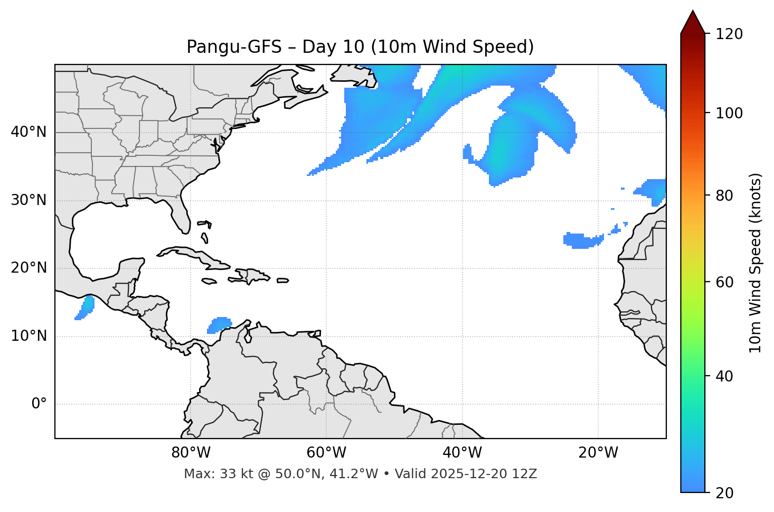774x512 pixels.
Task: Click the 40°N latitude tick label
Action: click(x=29, y=132)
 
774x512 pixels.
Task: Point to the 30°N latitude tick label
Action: click(x=29, y=200)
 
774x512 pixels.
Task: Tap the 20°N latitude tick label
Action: click(x=29, y=268)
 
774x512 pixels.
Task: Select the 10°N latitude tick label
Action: click(x=29, y=336)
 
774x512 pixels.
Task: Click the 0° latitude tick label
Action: click(x=39, y=404)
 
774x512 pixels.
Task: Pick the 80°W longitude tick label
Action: click(x=191, y=453)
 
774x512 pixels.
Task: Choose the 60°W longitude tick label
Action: click(x=326, y=453)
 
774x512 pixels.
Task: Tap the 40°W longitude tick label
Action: click(x=462, y=453)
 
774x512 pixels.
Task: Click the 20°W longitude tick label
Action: click(x=598, y=453)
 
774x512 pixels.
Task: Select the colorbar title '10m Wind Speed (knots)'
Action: click(x=756, y=263)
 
